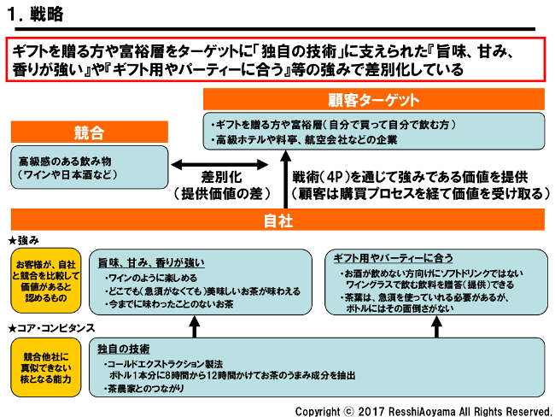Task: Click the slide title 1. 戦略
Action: [x=34, y=15]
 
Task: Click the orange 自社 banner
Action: [x=278, y=220]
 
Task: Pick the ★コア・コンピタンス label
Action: [x=50, y=328]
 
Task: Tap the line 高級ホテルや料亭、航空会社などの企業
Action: [x=311, y=138]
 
